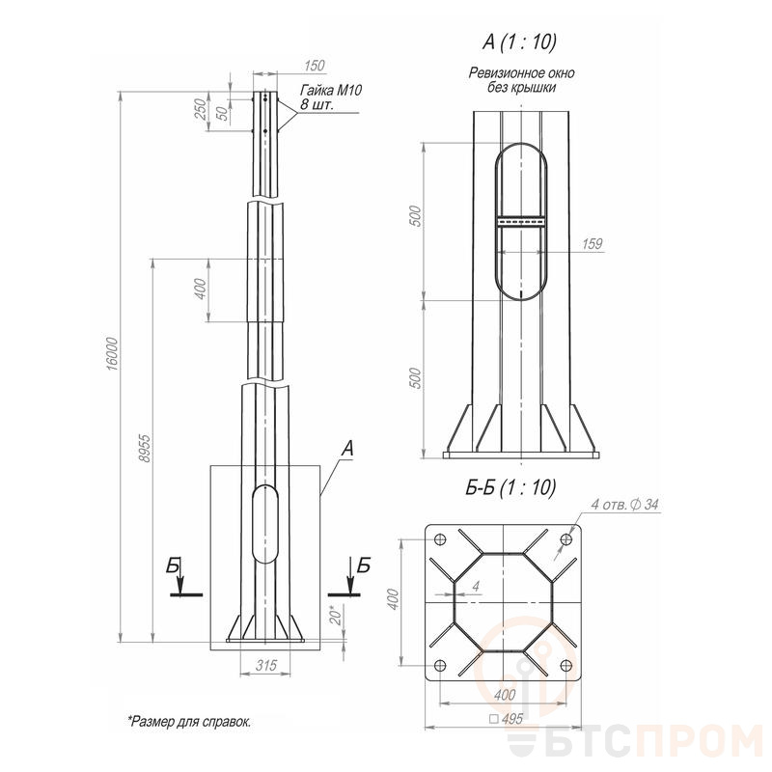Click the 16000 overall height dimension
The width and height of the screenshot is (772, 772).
click(113, 354)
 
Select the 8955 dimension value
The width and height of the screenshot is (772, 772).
click(144, 448)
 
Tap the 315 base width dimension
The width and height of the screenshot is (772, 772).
click(266, 666)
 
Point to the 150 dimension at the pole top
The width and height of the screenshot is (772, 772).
click(315, 65)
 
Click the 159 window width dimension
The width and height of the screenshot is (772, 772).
click(592, 244)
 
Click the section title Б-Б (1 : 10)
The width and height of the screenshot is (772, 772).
click(510, 487)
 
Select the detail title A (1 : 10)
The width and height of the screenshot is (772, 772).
click(519, 42)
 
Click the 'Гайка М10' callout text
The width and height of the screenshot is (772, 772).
click(331, 90)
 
